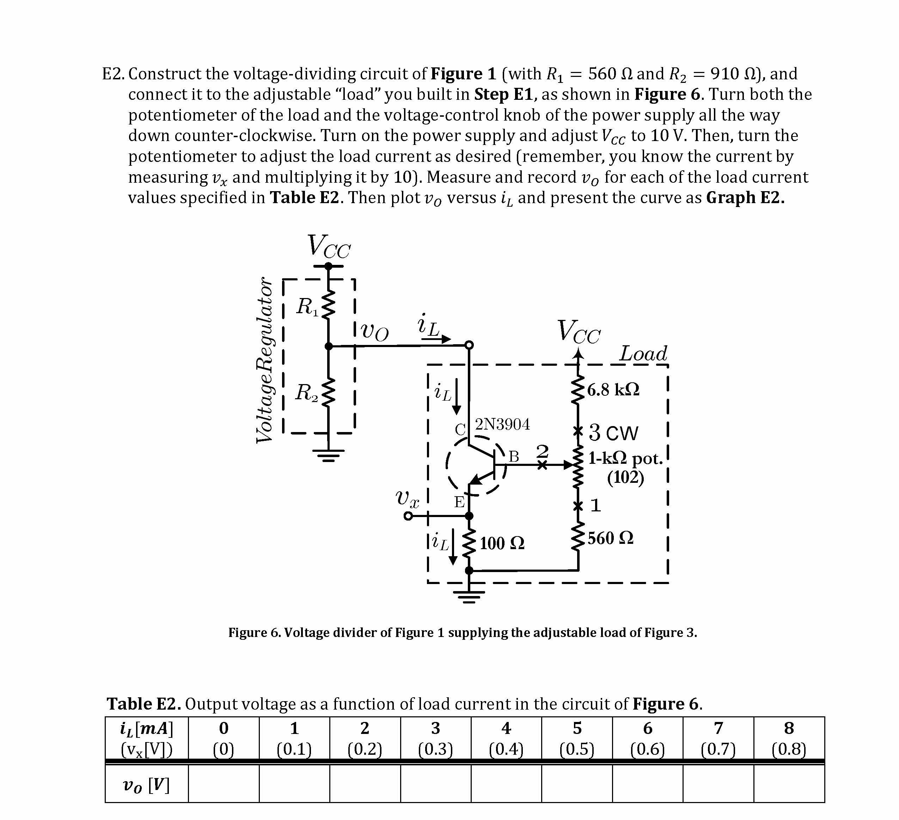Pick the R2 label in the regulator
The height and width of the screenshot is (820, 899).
coord(307,393)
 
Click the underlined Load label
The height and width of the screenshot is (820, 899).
coord(643,354)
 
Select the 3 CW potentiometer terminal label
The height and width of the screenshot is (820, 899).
coord(613,433)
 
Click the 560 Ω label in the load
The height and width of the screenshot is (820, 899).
coord(610,539)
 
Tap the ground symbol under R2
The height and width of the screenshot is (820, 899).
coord(328,455)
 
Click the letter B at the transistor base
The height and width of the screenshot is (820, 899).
coord(514,456)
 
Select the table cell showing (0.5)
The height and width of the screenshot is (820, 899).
coord(577,749)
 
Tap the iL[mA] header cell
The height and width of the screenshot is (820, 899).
coord(146,729)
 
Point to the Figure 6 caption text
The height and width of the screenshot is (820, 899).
coord(463,633)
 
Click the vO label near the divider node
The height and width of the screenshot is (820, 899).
coord(374,332)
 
